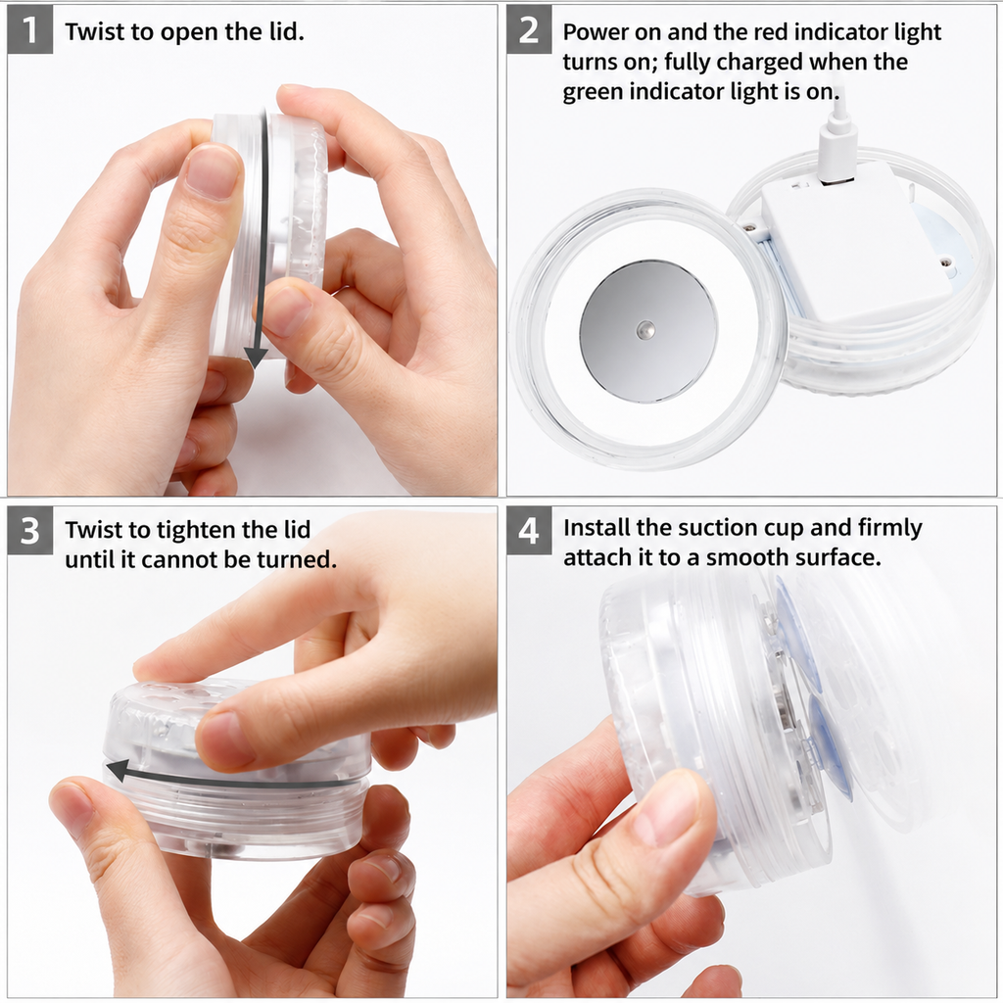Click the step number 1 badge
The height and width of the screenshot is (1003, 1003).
click(x=29, y=30)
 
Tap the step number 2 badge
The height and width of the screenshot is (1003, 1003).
click(x=529, y=30)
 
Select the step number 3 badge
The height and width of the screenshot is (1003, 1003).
click(x=29, y=531)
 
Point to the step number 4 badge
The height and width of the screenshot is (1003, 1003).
click(x=529, y=531)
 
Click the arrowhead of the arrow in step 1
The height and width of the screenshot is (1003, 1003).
click(x=256, y=358)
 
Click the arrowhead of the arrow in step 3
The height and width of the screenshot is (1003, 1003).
click(x=117, y=771)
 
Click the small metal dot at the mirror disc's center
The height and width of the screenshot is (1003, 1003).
click(x=645, y=330)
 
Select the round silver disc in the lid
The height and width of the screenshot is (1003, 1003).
click(x=648, y=331)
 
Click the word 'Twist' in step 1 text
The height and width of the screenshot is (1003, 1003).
click(x=93, y=31)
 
